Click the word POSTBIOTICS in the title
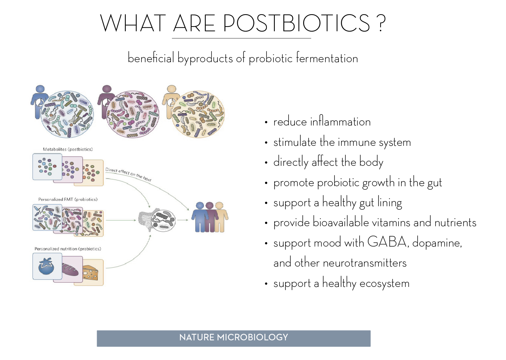tap(297, 23)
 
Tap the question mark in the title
tap(381, 23)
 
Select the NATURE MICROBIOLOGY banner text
tap(234, 337)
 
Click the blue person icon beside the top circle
tap(39, 102)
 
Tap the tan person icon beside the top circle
tap(171, 102)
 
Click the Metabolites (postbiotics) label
tap(68, 149)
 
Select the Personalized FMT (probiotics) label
tap(68, 199)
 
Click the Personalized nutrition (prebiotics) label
tap(68, 249)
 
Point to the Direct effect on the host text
tap(128, 174)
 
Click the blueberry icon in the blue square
tap(46, 267)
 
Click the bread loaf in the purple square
tap(70, 269)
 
